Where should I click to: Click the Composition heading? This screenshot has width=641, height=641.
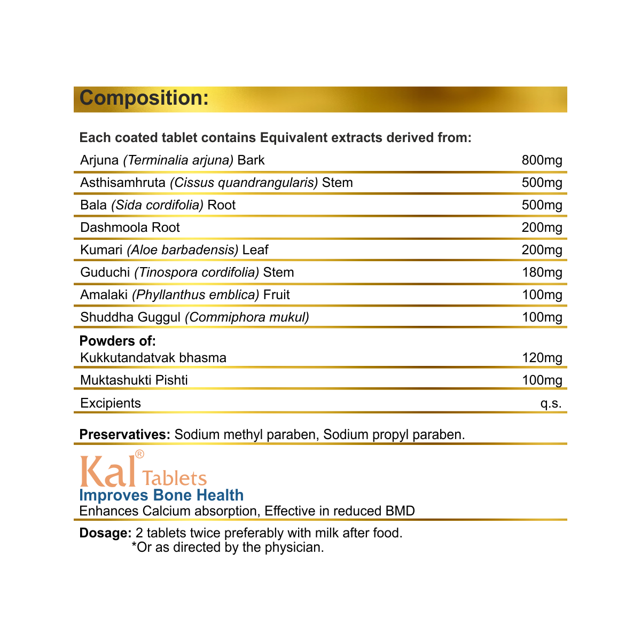click(x=144, y=98)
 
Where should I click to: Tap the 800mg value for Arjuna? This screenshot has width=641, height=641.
click(x=542, y=160)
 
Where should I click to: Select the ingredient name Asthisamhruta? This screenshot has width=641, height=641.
click(x=123, y=183)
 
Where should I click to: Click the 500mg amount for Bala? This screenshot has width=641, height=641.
click(x=542, y=205)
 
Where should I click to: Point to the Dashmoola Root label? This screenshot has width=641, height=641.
click(x=130, y=228)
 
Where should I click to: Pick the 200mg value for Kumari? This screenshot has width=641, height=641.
click(x=542, y=250)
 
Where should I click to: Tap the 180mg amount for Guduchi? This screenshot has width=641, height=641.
click(x=542, y=272)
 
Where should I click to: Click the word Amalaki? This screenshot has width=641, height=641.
click(x=104, y=295)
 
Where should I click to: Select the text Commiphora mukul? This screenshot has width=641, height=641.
click(x=247, y=317)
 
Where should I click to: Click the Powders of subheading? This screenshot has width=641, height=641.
click(x=118, y=341)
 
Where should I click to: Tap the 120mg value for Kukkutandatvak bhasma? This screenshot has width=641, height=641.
click(x=542, y=358)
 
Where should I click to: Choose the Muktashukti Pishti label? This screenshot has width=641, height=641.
click(x=134, y=380)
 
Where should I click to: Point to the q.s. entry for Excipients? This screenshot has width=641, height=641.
click(x=551, y=403)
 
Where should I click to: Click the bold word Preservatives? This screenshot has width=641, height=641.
click(x=124, y=434)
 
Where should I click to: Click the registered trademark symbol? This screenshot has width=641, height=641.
click(x=139, y=454)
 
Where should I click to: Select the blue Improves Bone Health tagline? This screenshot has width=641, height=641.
click(x=161, y=495)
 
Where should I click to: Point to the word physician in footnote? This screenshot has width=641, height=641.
click(x=295, y=548)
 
